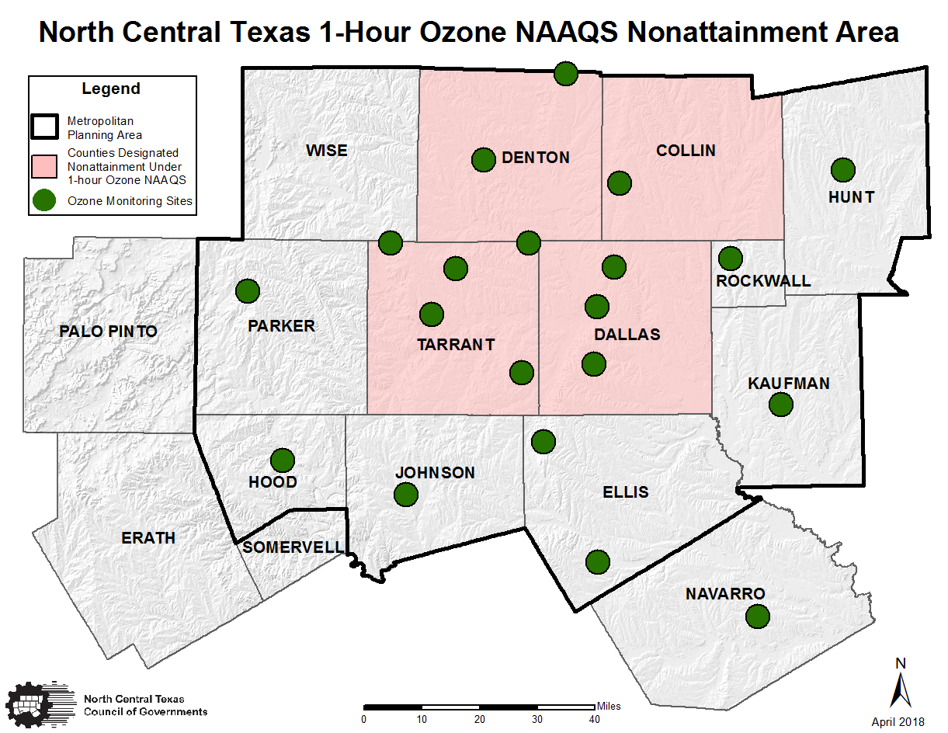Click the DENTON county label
[536, 158]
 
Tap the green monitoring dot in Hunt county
[842, 169]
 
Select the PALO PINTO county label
[108, 332]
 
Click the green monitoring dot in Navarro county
[757, 617]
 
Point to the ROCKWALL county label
[763, 281]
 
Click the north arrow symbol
[901, 684]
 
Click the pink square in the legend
[46, 165]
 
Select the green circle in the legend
[46, 201]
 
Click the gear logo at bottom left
[36, 705]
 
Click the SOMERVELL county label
[293, 547]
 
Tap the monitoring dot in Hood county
[282, 460]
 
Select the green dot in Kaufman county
[780, 404]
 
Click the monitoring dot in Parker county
[247, 291]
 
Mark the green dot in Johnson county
[405, 494]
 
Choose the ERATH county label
[148, 538]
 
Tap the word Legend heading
[111, 89]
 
